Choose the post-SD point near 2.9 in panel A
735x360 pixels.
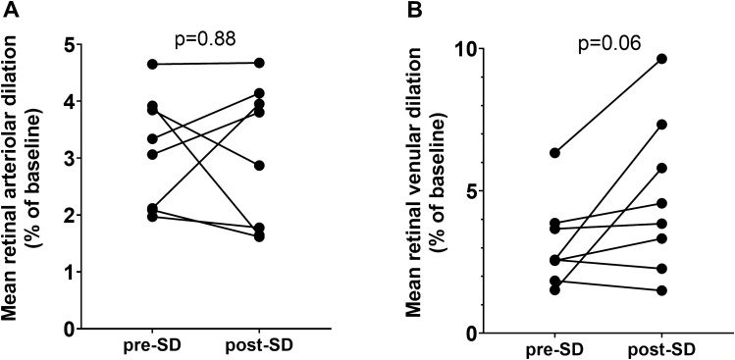tap(256, 166)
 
